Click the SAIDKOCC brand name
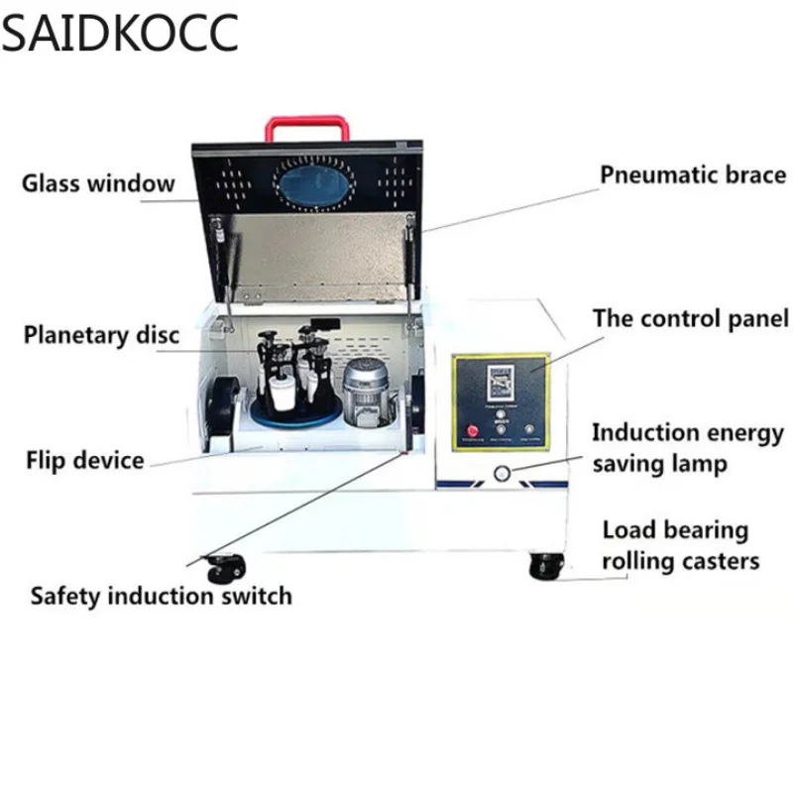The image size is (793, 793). (x=119, y=32)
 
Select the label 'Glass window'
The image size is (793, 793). (x=98, y=183)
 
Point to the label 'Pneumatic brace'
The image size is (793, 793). (x=692, y=175)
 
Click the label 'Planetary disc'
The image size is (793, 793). (x=101, y=334)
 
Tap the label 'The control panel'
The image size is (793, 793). (x=691, y=319)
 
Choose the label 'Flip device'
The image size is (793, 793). (x=85, y=460)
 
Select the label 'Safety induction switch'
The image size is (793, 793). (x=161, y=596)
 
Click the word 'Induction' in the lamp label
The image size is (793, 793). (x=644, y=433)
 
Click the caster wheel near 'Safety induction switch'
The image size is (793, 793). (x=223, y=569)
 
